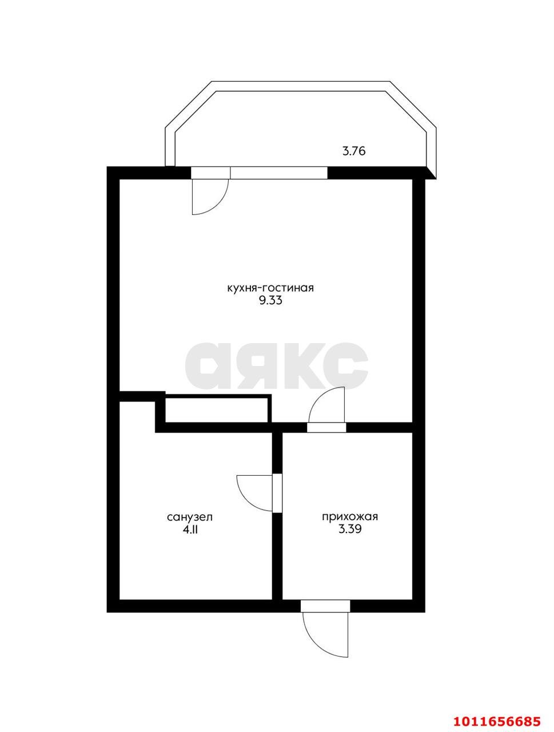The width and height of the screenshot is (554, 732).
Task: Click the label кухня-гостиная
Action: (x=270, y=288)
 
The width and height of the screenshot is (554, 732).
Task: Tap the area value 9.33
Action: (x=270, y=301)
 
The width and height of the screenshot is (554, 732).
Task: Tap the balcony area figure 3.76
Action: (x=354, y=151)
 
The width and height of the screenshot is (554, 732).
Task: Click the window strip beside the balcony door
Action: (x=278, y=173)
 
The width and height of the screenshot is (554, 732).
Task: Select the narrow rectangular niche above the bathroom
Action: (x=218, y=409)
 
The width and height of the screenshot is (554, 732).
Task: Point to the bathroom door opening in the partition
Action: (x=277, y=493)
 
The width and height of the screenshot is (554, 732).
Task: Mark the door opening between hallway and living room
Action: (x=326, y=428)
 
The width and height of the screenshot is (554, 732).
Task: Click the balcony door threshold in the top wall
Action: (x=210, y=173)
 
